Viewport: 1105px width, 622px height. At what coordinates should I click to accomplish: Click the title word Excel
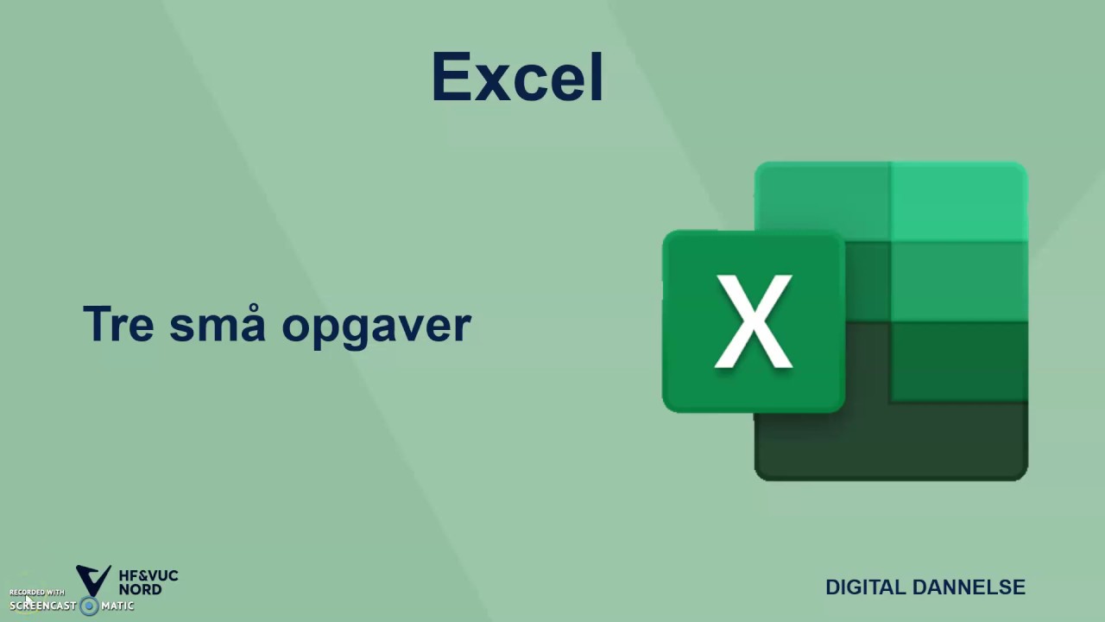(517, 77)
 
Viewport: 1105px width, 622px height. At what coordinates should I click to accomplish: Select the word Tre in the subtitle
(118, 324)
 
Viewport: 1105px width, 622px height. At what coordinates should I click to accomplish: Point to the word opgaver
(376, 327)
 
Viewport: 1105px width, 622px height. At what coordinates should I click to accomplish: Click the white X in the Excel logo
(754, 321)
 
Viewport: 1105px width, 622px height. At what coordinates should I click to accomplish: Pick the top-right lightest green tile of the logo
(958, 200)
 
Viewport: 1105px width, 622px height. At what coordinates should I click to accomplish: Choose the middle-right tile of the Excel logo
(958, 282)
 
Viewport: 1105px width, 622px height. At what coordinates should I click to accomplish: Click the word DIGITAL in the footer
(866, 587)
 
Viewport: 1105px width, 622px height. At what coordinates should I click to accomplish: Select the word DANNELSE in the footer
(969, 587)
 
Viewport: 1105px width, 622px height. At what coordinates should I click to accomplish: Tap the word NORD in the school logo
(140, 589)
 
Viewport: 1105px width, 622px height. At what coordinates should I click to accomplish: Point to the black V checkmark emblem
(93, 580)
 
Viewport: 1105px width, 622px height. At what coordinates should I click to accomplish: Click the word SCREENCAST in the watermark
(43, 606)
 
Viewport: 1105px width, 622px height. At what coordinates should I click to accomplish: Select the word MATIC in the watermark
(117, 606)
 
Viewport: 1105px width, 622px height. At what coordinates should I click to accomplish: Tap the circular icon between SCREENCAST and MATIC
(89, 606)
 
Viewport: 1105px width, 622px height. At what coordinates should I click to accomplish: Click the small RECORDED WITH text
(37, 593)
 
